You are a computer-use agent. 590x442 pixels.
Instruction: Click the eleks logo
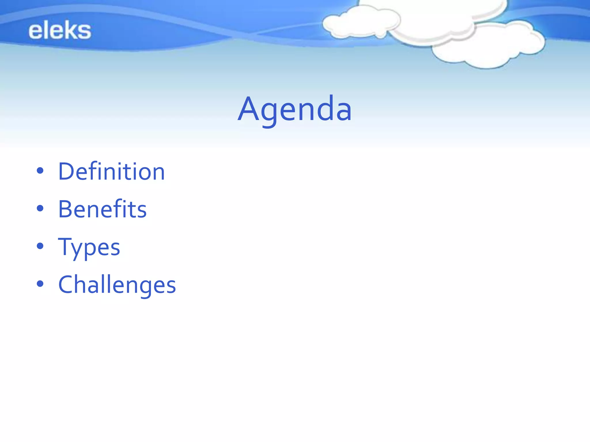pos(60,30)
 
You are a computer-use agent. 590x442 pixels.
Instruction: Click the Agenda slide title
pos(294,109)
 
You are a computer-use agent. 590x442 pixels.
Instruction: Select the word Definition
pos(111,172)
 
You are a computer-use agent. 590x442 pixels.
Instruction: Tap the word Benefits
pos(102,209)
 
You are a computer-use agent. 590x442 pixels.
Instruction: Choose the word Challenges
pos(117,285)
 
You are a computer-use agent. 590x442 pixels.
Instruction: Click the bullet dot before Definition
pos(40,171)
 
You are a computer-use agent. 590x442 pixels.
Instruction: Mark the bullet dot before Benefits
pos(40,208)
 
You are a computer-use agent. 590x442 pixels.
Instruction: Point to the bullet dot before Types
pos(40,246)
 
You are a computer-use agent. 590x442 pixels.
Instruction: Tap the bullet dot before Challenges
pos(40,284)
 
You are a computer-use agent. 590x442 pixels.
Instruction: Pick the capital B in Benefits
pos(66,209)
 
